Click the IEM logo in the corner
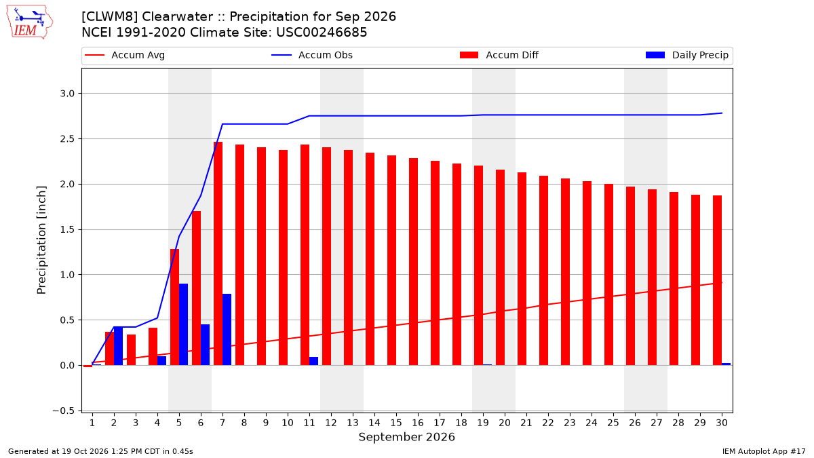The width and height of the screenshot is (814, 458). (x=29, y=22)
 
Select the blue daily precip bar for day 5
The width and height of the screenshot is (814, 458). (x=184, y=324)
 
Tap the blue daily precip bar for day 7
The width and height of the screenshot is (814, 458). (x=227, y=329)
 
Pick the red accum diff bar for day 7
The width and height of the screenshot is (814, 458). (x=218, y=253)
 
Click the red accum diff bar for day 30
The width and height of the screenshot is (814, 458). (x=718, y=280)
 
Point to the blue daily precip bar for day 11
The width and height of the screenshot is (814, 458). (x=313, y=361)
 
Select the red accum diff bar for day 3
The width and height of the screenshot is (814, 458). (x=131, y=349)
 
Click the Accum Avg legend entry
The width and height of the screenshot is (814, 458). (x=125, y=55)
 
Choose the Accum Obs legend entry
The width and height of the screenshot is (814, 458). (x=312, y=55)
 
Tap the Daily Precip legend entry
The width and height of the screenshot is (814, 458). (x=686, y=55)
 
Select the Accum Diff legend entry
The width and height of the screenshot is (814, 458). (x=499, y=55)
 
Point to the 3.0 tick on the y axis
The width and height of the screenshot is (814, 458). (x=67, y=94)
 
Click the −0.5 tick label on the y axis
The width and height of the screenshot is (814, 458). (x=64, y=411)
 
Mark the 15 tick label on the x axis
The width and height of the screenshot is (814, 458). (x=396, y=423)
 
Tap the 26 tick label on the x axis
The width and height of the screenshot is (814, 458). (x=635, y=423)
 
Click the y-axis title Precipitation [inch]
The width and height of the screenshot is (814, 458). (x=41, y=240)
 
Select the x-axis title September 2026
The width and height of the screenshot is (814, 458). (x=406, y=437)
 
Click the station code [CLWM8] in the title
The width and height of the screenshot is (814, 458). (x=110, y=17)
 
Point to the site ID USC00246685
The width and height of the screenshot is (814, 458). (x=322, y=33)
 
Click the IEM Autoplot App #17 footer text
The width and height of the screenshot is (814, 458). (x=764, y=451)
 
